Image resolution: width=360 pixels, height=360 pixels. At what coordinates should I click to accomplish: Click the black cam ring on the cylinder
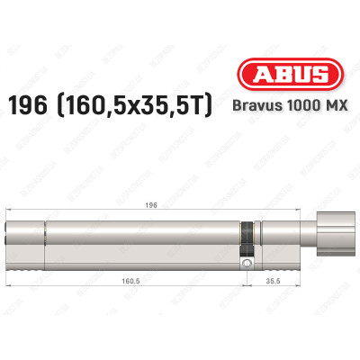point(245,238)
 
